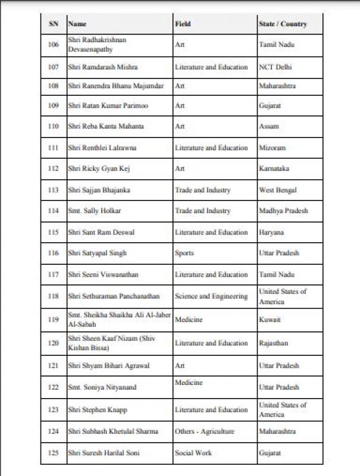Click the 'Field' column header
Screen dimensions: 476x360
(x=183, y=24)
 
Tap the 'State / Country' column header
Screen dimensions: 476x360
(x=283, y=24)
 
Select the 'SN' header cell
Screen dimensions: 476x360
(x=53, y=24)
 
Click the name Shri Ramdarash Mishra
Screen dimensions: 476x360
(x=99, y=67)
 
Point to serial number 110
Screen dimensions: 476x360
(x=53, y=127)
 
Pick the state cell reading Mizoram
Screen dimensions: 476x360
(x=273, y=148)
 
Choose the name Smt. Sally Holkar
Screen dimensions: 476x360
(x=90, y=211)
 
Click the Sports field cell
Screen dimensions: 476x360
(x=184, y=253)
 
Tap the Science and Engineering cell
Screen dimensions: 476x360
(x=211, y=296)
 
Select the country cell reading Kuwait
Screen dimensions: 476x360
(x=270, y=320)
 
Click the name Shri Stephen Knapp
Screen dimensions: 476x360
(x=98, y=410)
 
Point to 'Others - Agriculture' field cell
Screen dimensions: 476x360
(x=205, y=431)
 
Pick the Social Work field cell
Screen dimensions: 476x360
(x=193, y=453)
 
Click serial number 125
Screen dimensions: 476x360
(x=53, y=453)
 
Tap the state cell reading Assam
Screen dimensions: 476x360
(x=269, y=127)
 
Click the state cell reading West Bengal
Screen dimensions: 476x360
(x=278, y=190)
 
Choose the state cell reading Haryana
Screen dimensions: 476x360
(x=271, y=233)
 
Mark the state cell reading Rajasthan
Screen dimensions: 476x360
(x=274, y=343)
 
